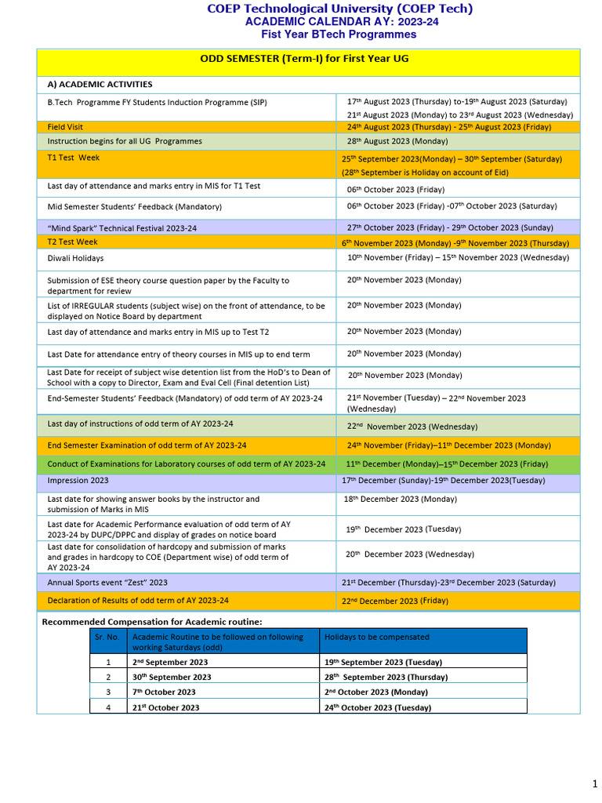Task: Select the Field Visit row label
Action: coord(65,127)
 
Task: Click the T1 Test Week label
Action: coord(74,158)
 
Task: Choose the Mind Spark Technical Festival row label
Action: coord(121,227)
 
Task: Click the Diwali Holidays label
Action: coord(75,258)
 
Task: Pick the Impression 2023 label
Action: coord(78,480)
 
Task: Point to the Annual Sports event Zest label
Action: coord(107,583)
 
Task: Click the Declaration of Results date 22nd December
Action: coord(394,601)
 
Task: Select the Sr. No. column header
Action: coord(107,638)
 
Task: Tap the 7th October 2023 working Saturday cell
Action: coord(164,692)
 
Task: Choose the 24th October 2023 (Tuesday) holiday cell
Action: coord(377,707)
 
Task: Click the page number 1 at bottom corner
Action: coord(594,784)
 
